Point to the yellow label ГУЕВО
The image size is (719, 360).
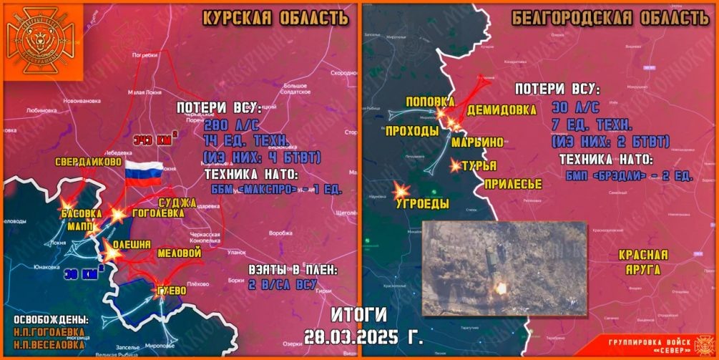tap(170, 291)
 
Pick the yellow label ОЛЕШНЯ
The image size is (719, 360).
tap(132, 245)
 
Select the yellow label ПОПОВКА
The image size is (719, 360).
tap(430, 102)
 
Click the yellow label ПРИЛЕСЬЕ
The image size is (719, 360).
tap(512, 185)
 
